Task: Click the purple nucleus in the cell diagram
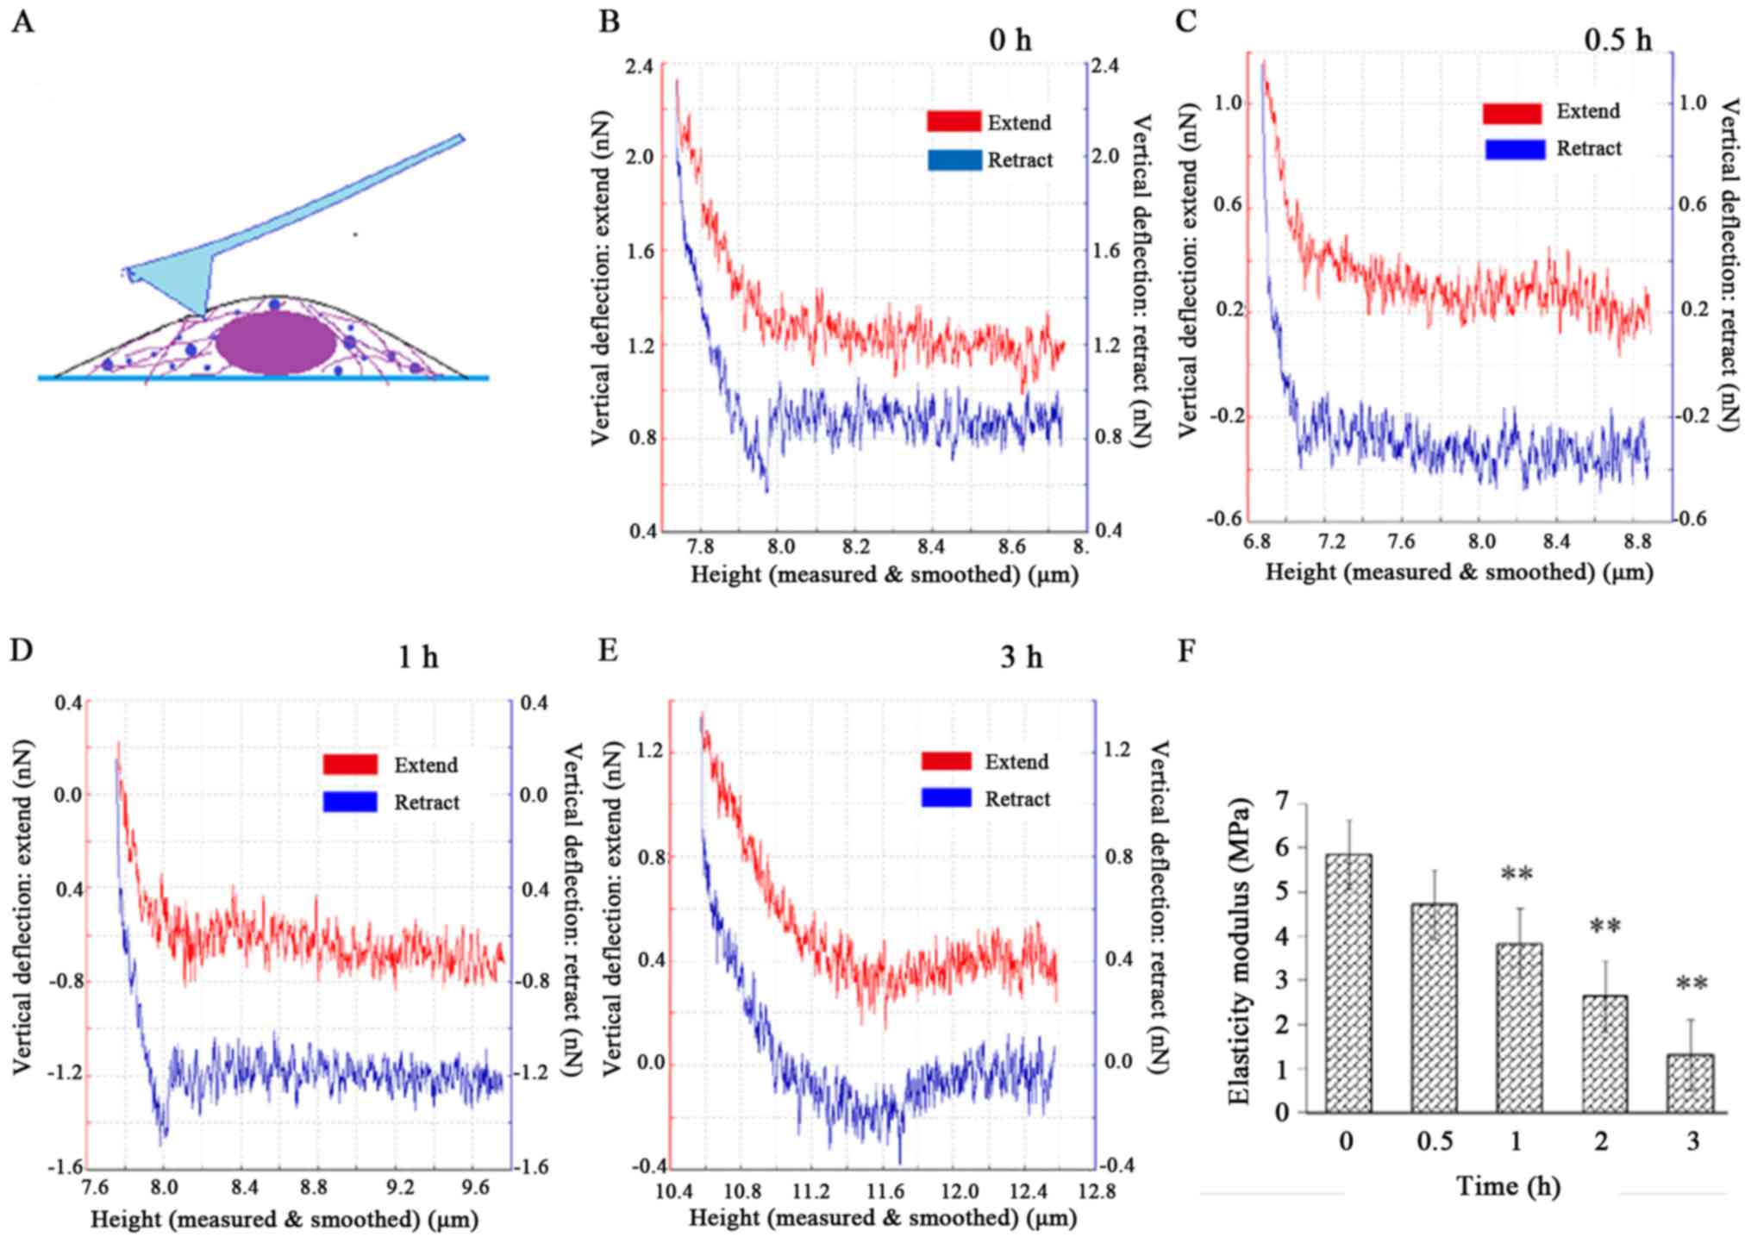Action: [x=275, y=342]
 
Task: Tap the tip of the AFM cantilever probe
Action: [x=203, y=314]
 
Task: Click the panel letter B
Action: [x=609, y=21]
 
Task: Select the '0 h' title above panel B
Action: [x=1010, y=40]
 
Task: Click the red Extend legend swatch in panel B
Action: [x=954, y=122]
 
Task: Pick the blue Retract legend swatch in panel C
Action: [x=1515, y=149]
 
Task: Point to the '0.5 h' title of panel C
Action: [x=1617, y=40]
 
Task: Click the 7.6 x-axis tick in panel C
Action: [x=1401, y=542]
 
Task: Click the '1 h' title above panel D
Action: [x=418, y=659]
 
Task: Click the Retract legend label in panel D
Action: [x=427, y=803]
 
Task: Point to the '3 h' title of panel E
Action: [x=1022, y=659]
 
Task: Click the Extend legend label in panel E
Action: [x=1017, y=762]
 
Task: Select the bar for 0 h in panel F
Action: [x=1348, y=983]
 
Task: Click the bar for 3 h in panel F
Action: [x=1690, y=1083]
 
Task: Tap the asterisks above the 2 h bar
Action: [x=1604, y=928]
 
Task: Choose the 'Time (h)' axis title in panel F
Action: [x=1509, y=1187]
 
